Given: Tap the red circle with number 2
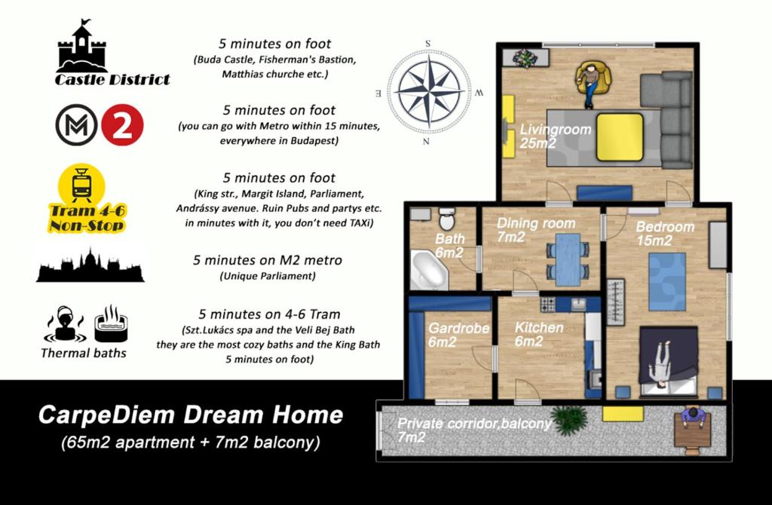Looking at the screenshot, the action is tap(122, 124).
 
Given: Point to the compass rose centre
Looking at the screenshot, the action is tap(430, 91).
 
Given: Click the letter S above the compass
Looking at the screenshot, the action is tap(428, 44).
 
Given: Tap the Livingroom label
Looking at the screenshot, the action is tap(555, 130).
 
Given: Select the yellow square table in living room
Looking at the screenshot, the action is tap(620, 137).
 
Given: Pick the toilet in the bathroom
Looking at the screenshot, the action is tap(447, 219).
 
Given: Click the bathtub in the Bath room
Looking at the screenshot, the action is tap(428, 271).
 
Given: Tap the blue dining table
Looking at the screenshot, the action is tap(567, 259).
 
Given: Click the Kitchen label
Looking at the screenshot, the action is tap(538, 327).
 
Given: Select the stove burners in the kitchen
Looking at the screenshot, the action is tap(548, 305).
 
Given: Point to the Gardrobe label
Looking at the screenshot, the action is tap(458, 329).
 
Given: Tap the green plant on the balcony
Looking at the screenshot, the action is tap(570, 420).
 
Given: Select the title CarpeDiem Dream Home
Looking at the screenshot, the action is tap(191, 415).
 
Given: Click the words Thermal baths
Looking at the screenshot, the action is tap(84, 353).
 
